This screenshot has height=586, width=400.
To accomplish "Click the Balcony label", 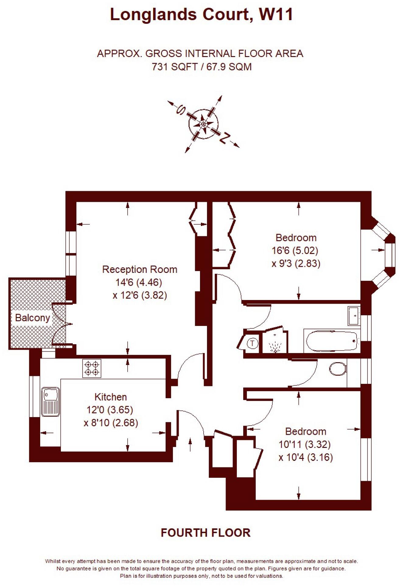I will click(x=32, y=318).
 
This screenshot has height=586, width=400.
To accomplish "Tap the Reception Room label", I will click(x=139, y=270).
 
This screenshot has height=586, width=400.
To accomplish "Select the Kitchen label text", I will click(x=111, y=397).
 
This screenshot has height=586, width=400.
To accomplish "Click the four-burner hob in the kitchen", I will click(x=92, y=368).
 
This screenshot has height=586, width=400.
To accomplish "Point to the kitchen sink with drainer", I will click(x=50, y=402).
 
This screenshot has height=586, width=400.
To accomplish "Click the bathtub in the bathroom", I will click(x=332, y=341).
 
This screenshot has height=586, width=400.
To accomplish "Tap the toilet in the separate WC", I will click(x=338, y=369).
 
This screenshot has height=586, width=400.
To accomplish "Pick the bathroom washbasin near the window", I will click(x=354, y=316).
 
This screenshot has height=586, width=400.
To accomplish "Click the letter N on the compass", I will click(x=224, y=138).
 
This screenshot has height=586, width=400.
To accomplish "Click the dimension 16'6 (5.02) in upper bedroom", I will click(x=295, y=251).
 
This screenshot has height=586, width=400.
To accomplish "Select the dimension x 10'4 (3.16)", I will click(x=306, y=457).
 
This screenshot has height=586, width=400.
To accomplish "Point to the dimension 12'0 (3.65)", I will click(x=110, y=410).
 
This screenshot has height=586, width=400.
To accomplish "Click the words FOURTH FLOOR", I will click(x=205, y=533).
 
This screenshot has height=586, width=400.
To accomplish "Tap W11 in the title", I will click(x=276, y=14).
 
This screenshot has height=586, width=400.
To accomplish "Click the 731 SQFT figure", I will click(x=174, y=66).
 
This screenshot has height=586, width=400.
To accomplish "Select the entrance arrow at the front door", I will click(x=191, y=444).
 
